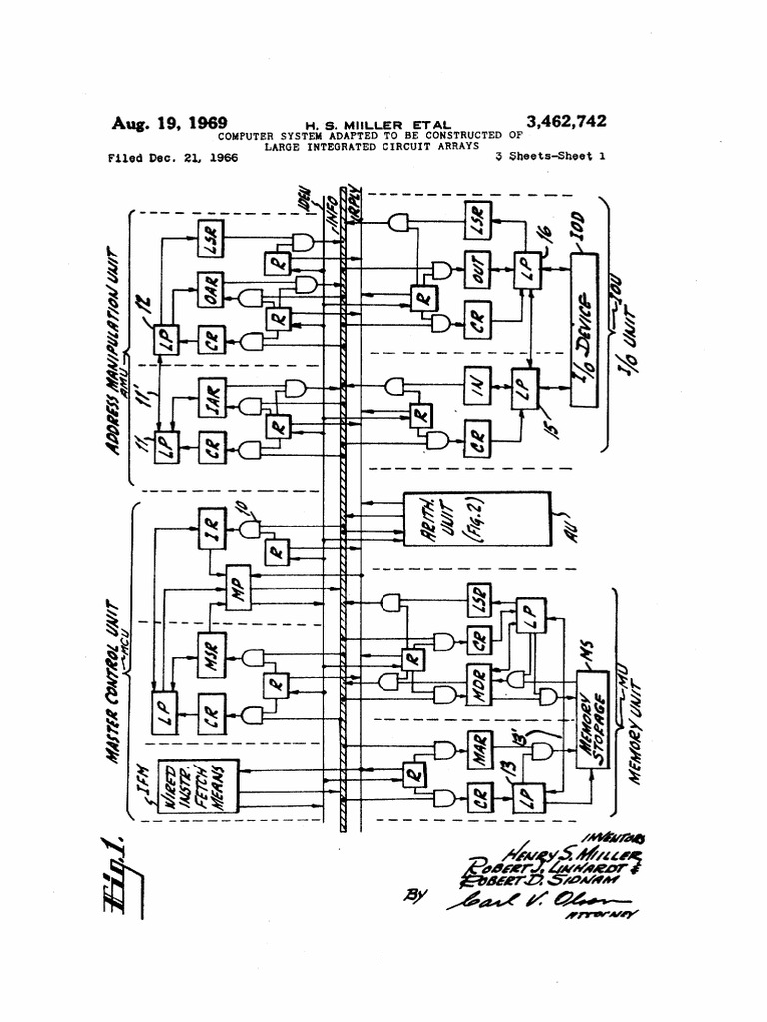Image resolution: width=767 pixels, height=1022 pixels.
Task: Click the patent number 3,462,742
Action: [x=566, y=122]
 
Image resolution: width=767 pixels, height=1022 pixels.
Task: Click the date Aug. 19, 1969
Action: [x=169, y=123]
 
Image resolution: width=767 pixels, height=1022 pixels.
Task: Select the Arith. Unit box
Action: [x=476, y=518]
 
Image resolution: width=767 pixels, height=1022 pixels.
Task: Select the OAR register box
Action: [x=210, y=290]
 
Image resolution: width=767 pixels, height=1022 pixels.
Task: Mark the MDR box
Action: [x=480, y=686]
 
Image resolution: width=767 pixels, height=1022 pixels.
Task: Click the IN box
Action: [x=480, y=386]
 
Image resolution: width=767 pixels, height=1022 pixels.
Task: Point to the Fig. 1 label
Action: [x=128, y=873]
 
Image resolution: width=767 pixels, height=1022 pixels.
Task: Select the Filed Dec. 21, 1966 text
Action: [x=172, y=157]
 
